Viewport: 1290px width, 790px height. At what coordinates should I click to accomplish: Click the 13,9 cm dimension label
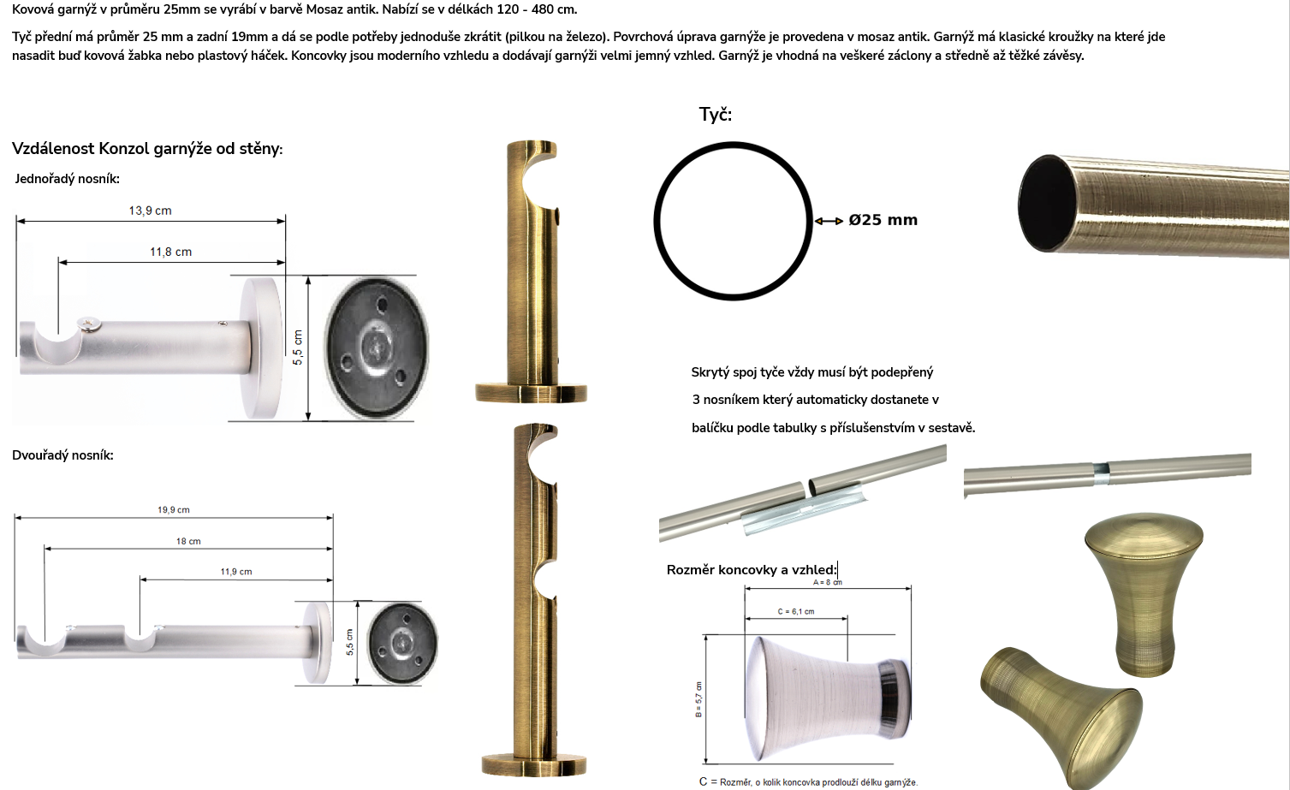click(151, 211)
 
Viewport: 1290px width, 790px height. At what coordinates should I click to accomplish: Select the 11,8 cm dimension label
click(171, 252)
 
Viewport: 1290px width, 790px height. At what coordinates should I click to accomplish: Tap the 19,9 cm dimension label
click(174, 509)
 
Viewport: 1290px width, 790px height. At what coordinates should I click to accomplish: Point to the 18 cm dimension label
click(188, 541)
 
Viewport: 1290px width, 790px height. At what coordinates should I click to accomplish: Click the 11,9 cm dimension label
click(236, 572)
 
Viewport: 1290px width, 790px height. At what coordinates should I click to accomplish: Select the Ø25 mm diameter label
click(883, 220)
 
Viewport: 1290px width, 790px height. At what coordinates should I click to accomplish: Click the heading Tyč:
click(716, 114)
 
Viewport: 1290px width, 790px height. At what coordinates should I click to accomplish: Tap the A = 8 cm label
click(828, 582)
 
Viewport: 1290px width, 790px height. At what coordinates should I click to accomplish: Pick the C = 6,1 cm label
click(796, 611)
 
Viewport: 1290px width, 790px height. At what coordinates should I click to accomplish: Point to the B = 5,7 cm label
click(699, 699)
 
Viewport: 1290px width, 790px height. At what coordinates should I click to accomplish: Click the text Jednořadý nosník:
click(67, 179)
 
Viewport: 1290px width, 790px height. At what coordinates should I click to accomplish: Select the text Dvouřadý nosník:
click(62, 455)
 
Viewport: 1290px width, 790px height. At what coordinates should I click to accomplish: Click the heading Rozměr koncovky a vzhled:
click(752, 570)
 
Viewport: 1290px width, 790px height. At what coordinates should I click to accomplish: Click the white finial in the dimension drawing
click(828, 698)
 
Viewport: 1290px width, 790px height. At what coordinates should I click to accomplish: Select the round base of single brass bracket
click(531, 393)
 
